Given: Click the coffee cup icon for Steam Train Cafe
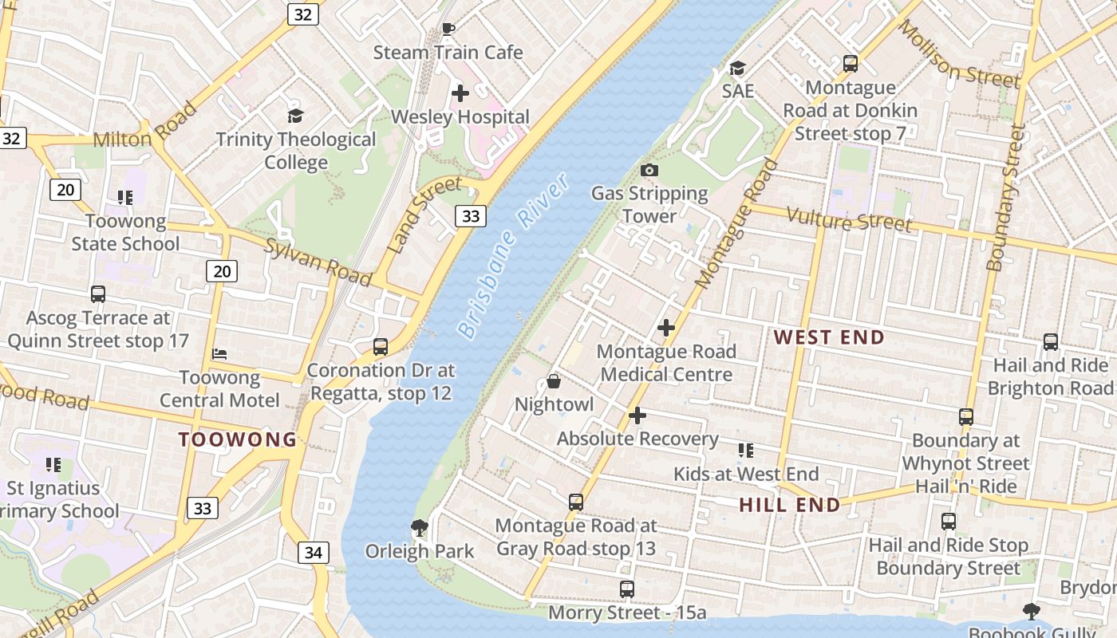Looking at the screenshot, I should pyautogui.click(x=448, y=30).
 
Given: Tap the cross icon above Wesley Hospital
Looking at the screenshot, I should pyautogui.click(x=460, y=93).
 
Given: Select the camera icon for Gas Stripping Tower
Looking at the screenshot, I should pyautogui.click(x=649, y=170).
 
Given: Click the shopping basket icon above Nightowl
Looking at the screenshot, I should pyautogui.click(x=553, y=381).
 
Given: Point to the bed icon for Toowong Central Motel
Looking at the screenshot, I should pyautogui.click(x=219, y=354).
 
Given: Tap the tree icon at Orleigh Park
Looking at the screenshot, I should pyautogui.click(x=418, y=527).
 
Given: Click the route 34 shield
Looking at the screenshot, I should pyautogui.click(x=314, y=552).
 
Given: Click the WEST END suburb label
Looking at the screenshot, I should pyautogui.click(x=829, y=337).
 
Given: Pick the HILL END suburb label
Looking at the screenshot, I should pyautogui.click(x=789, y=505).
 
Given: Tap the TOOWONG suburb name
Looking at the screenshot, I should pyautogui.click(x=238, y=439).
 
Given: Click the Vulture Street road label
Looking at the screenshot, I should pyautogui.click(x=849, y=219).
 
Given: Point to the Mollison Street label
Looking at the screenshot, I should pyautogui.click(x=959, y=55).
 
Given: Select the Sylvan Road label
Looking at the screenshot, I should pyautogui.click(x=318, y=262).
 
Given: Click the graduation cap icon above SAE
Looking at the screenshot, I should pyautogui.click(x=737, y=68).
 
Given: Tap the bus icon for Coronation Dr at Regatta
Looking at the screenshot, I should pyautogui.click(x=381, y=347).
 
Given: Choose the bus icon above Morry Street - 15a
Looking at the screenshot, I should pyautogui.click(x=627, y=589).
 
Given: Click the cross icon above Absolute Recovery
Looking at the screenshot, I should pyautogui.click(x=637, y=415).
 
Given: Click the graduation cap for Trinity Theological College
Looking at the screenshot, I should pyautogui.click(x=295, y=116).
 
